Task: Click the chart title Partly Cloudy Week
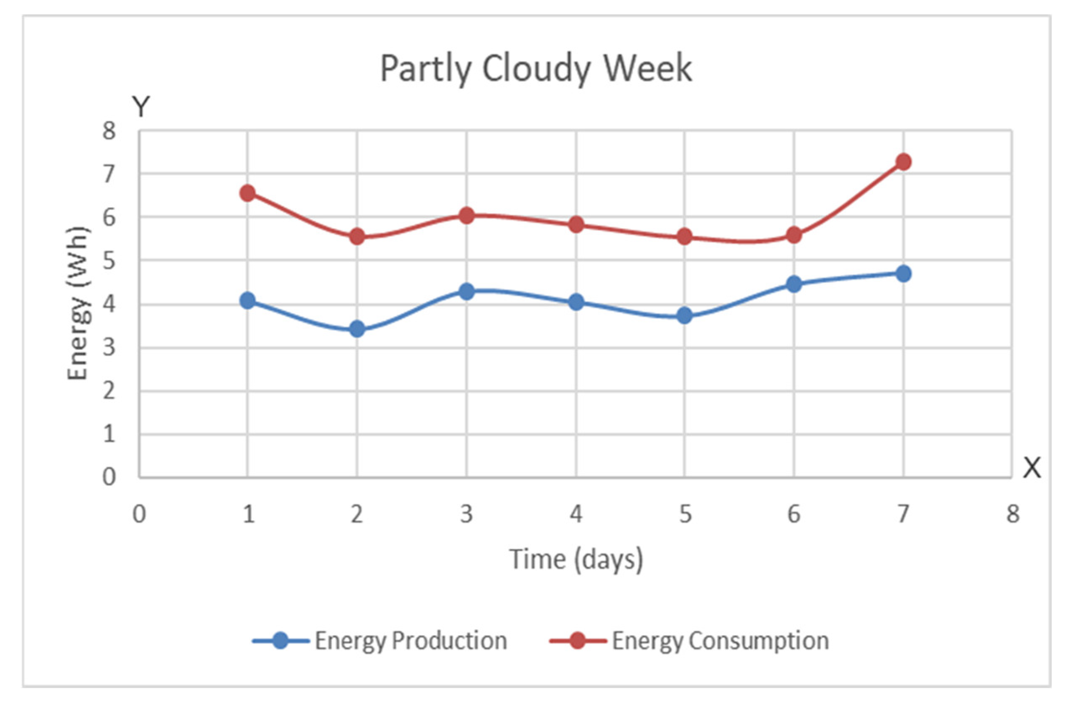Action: coord(536,68)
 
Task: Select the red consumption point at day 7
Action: coord(903,162)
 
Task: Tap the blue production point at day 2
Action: coord(357,329)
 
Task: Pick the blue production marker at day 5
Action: coord(684,315)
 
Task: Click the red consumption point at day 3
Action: coord(467,216)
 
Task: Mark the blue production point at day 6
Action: coord(793,284)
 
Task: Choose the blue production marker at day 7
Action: coord(903,273)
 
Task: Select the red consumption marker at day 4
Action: coord(576,224)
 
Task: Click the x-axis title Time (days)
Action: coord(576,559)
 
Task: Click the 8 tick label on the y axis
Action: coord(109,131)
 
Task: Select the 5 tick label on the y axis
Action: coord(109,261)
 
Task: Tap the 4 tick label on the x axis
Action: coord(576,514)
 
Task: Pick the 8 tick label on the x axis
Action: coord(1012,514)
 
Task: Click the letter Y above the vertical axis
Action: coord(141,107)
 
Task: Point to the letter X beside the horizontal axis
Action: coord(1032,468)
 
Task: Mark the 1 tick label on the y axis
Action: coord(109,435)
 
